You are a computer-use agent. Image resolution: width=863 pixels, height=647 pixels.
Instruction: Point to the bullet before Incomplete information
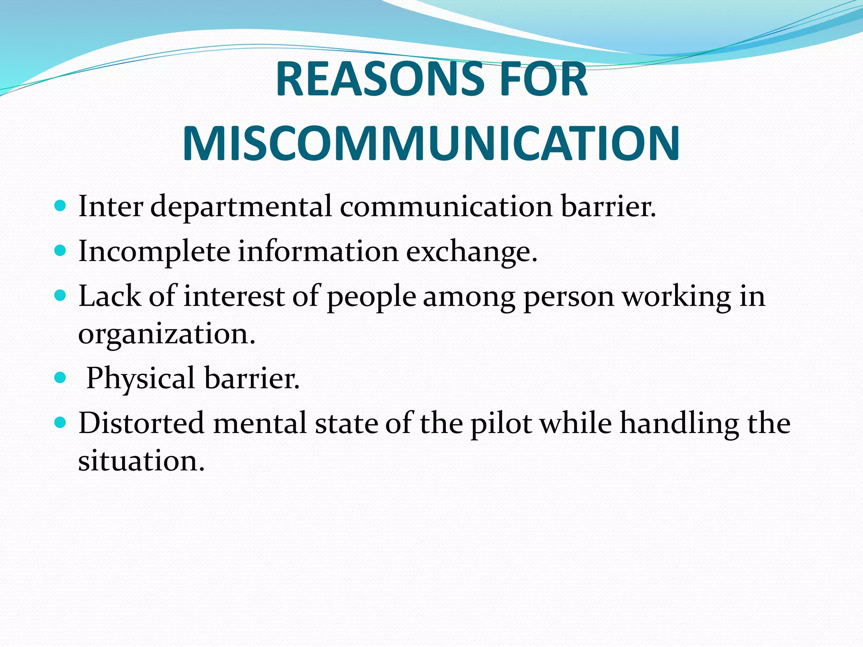coord(61,251)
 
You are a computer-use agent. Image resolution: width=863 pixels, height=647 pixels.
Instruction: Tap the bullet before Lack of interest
coord(61,296)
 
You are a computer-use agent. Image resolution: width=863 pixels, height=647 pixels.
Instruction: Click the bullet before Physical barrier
coord(61,377)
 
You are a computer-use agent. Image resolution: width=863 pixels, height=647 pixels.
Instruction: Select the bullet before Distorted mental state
coord(61,422)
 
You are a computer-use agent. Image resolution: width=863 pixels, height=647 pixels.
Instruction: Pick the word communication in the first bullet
coord(446,207)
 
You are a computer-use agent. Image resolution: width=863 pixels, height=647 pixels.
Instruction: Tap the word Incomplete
coord(154,252)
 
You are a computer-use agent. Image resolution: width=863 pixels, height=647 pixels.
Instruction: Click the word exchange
coord(472,252)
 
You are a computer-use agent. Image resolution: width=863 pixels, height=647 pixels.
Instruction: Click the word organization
coord(167,334)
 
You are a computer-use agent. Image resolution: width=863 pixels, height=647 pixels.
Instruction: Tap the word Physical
coord(141,378)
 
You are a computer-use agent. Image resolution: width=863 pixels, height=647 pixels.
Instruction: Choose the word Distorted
coord(142,423)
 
